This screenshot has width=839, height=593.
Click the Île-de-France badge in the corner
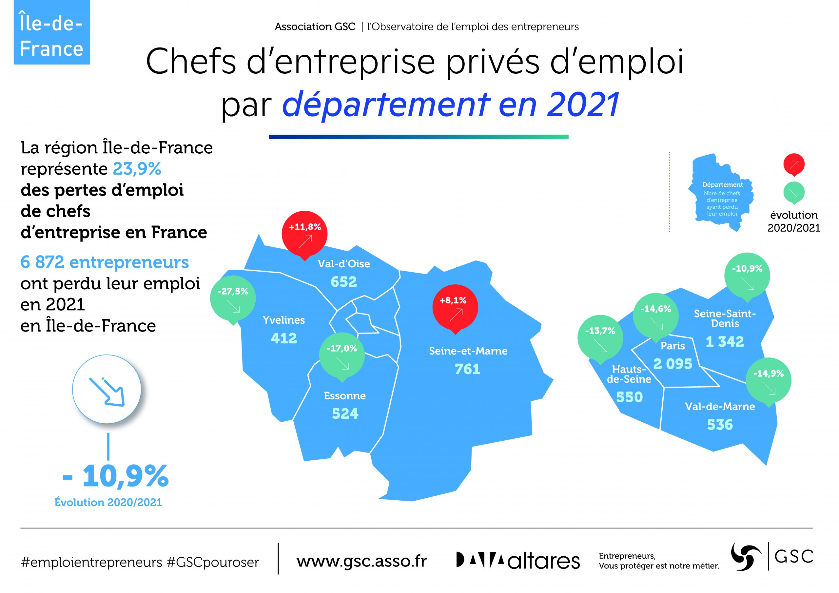[x=52, y=32]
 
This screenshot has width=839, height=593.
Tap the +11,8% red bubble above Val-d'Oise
[x=304, y=234]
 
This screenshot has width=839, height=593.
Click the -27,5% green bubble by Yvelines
[x=233, y=299]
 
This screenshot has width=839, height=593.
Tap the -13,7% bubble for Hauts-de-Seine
[x=600, y=338]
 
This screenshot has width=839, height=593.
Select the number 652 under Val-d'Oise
[x=343, y=282]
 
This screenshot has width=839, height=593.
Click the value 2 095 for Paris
[x=673, y=364]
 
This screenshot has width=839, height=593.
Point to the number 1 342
[x=725, y=342]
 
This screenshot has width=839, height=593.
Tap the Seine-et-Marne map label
[x=468, y=351]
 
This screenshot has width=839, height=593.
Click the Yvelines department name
[x=284, y=320]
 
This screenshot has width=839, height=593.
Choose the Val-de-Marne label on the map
[x=720, y=406]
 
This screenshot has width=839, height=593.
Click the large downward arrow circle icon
[x=107, y=389]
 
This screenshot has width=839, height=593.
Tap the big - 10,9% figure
[x=115, y=476]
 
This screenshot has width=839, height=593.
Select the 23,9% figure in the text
[x=137, y=169]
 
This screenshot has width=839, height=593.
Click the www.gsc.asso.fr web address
[x=361, y=561]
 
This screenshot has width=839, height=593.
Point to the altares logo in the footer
[x=518, y=561]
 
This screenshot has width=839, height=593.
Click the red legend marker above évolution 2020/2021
[x=794, y=165]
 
